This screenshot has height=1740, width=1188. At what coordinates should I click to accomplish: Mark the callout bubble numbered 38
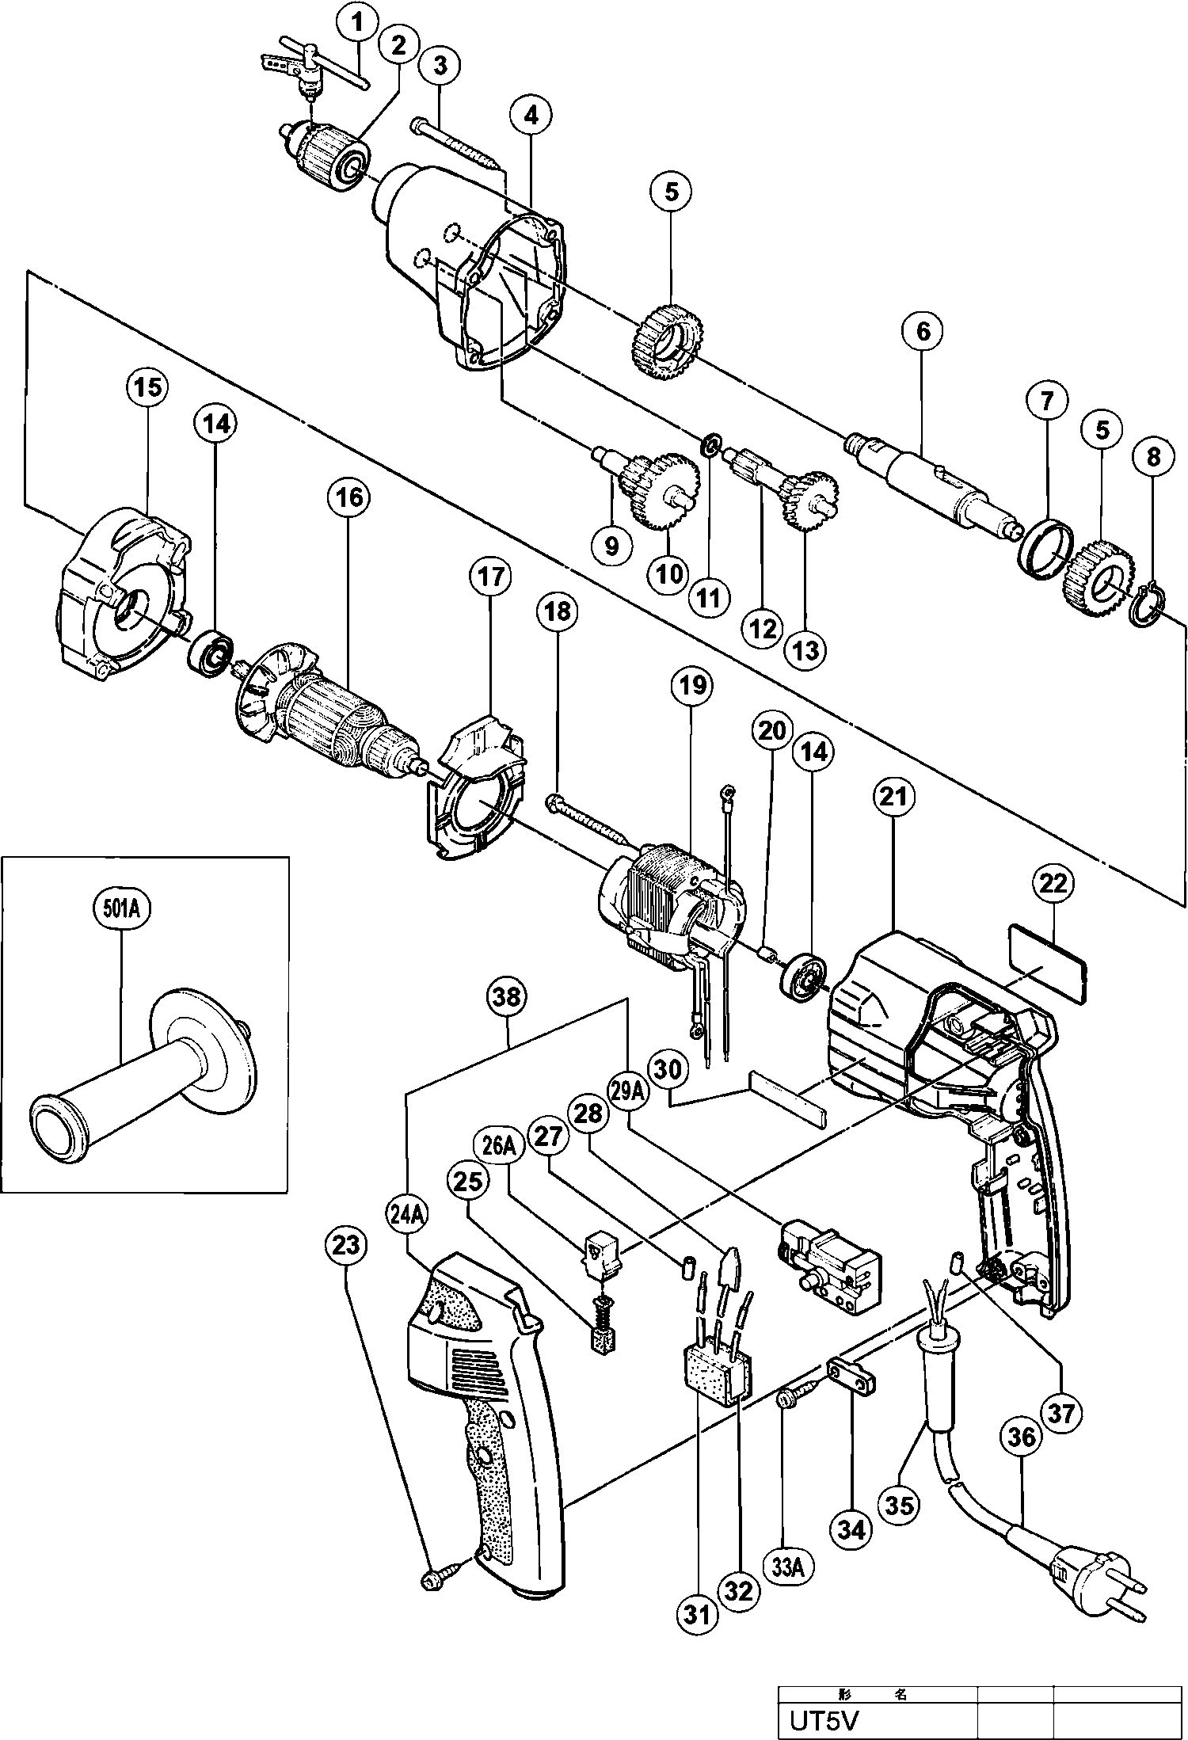(x=508, y=997)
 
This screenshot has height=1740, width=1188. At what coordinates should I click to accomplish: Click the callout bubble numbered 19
(x=691, y=684)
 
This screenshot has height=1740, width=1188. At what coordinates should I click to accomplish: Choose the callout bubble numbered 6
(x=923, y=331)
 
